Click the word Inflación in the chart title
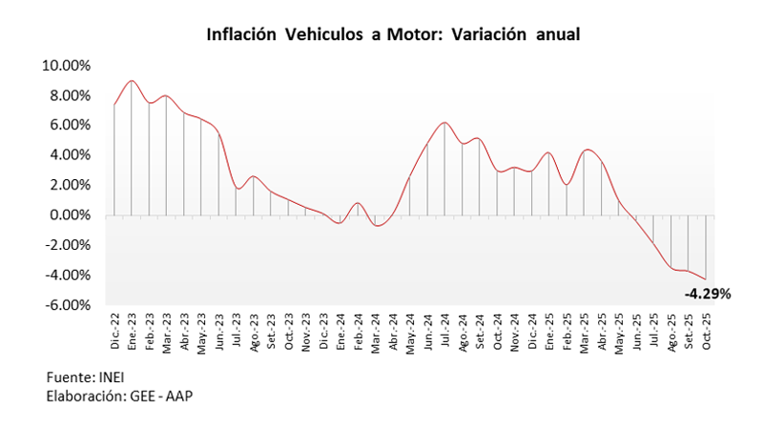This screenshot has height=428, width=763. [240, 34]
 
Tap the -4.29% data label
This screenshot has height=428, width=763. [707, 294]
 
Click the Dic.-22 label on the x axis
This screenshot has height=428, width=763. [114, 332]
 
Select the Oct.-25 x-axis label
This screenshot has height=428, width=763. [706, 332]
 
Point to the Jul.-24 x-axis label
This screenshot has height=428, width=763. [445, 332]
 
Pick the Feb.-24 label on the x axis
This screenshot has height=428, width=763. [358, 332]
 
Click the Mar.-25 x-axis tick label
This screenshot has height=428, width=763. [585, 332]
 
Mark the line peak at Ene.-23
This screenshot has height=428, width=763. [132, 80]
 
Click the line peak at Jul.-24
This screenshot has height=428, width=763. [444, 123]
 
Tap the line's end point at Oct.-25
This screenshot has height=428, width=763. [706, 279]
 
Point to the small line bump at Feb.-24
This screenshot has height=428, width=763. [358, 203]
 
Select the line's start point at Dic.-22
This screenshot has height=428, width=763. [114, 105]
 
